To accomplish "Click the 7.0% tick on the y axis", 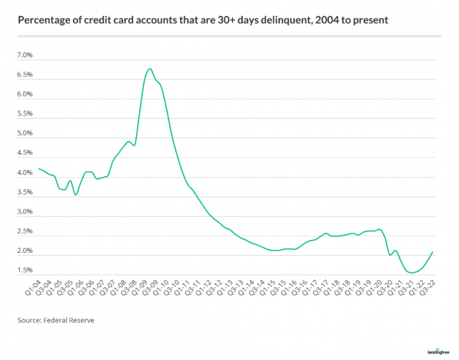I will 24,55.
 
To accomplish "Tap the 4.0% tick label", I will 24,172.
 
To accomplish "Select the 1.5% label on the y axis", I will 24,270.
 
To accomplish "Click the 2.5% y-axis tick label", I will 24,231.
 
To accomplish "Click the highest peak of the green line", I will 150,69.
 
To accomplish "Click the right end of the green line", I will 433,252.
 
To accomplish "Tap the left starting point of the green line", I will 38,168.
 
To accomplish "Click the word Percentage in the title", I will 46,21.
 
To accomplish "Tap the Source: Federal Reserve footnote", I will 56,320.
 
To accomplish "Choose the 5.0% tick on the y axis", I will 24,133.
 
